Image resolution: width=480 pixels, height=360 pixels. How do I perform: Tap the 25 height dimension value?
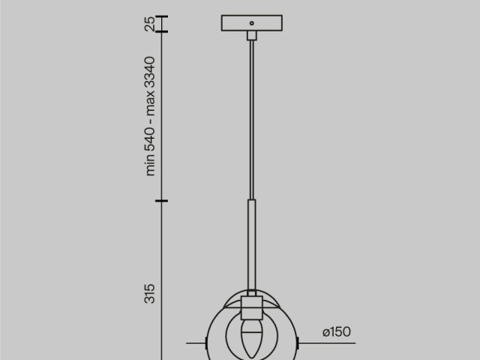tap(150, 24)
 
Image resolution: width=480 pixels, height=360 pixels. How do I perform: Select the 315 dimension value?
tap(150, 293)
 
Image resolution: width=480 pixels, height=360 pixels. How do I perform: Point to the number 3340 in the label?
tap(150, 70)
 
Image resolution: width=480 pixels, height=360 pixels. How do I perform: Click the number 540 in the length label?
tap(150, 140)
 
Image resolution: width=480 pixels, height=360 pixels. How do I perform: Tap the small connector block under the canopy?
tap(251, 34)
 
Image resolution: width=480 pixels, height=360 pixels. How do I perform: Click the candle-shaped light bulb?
tap(251, 338)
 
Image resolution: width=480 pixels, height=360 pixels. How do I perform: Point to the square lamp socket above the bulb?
tap(251, 307)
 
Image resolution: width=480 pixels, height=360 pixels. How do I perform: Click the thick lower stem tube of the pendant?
tap(251, 244)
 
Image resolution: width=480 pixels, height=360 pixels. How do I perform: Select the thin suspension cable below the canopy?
tap(251, 120)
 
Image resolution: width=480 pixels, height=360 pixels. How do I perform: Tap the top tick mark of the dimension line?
tap(161, 16)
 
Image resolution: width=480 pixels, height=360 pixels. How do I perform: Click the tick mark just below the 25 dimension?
tap(161, 31)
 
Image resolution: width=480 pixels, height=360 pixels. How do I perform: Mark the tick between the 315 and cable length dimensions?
tap(161, 201)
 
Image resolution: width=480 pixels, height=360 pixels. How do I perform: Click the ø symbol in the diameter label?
tap(325, 331)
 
